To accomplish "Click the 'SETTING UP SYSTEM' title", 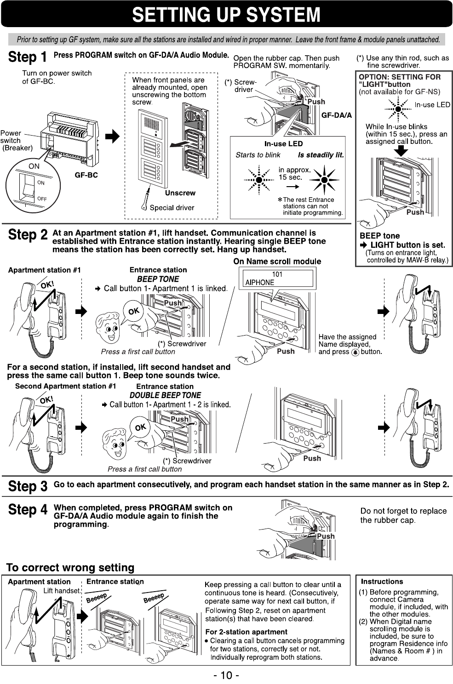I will [226, 14].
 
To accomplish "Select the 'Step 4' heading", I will [28, 510].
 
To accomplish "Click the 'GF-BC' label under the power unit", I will [86, 175].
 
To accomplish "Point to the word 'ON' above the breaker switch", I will [34, 166].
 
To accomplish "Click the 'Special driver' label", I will [172, 208].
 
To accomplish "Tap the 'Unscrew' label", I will [180, 193].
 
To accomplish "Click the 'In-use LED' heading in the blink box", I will [283, 144].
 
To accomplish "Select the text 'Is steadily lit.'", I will [321, 155].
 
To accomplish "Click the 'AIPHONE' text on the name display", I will [260, 283].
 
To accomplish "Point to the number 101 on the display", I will [277, 274].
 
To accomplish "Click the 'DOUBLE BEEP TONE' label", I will [165, 395].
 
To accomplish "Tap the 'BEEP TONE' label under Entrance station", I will [158, 279].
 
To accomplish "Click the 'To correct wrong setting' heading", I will [70, 568].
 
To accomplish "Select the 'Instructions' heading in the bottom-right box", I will [382, 581].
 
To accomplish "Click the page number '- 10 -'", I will [226, 675].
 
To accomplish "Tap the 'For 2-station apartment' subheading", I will [246, 632].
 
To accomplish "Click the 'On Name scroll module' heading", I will [277, 262].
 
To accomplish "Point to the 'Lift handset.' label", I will [62, 591].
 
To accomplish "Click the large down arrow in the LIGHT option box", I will [401, 151].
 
